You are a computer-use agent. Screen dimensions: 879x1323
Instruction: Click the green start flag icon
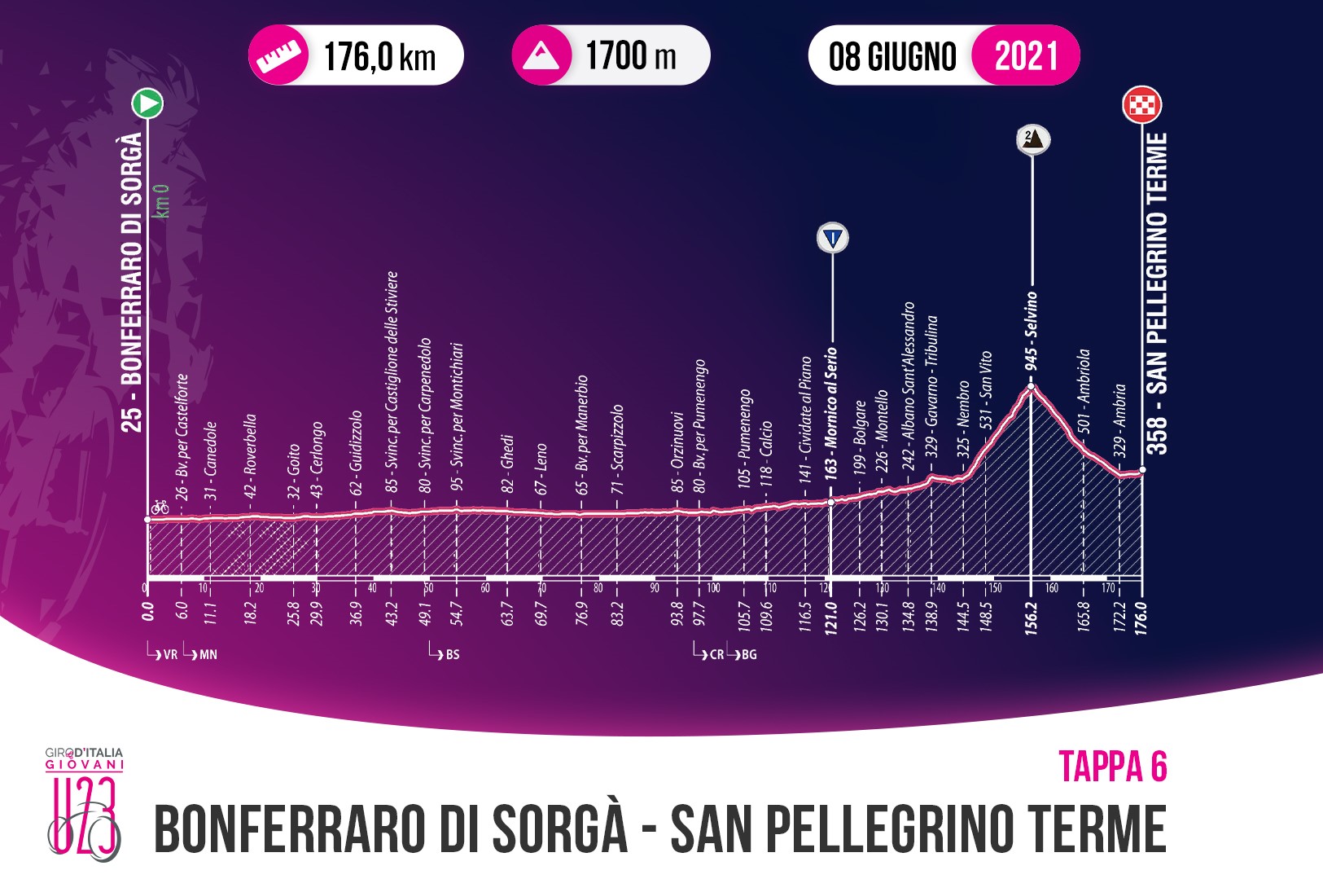(148, 103)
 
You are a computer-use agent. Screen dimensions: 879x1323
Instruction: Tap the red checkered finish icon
(1141, 105)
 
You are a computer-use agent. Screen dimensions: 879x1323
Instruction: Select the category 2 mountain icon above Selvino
(1032, 138)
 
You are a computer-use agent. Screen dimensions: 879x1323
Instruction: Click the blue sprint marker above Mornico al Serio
(831, 239)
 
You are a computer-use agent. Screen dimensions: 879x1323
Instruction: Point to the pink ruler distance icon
(277, 56)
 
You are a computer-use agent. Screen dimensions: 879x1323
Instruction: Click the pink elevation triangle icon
(541, 55)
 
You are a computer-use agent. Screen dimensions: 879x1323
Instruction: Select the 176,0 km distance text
(379, 56)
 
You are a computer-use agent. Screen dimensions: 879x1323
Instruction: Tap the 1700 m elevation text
(631, 55)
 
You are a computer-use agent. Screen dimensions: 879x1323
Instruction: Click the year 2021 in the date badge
(1026, 55)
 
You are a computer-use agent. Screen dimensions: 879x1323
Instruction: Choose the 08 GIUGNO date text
(892, 56)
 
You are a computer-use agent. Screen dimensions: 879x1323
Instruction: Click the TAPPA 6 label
(1112, 767)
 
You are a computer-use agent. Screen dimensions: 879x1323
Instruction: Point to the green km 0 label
(164, 200)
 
